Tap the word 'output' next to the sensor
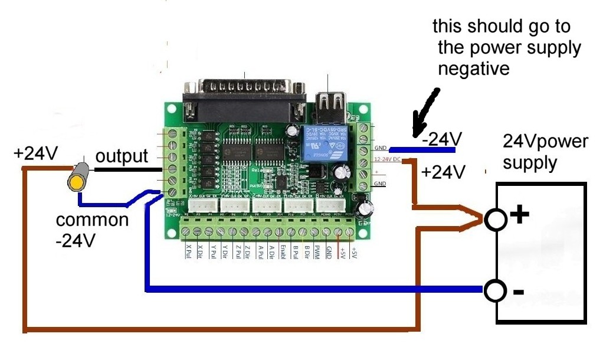click(x=122, y=156)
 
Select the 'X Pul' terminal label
click(x=188, y=253)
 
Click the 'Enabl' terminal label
click(x=283, y=253)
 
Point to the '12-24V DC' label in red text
click(x=388, y=159)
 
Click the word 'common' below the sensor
click(x=92, y=220)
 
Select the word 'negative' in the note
click(x=474, y=68)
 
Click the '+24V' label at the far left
click(x=36, y=155)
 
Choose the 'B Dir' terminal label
click(x=306, y=253)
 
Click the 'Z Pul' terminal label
click(x=237, y=253)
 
